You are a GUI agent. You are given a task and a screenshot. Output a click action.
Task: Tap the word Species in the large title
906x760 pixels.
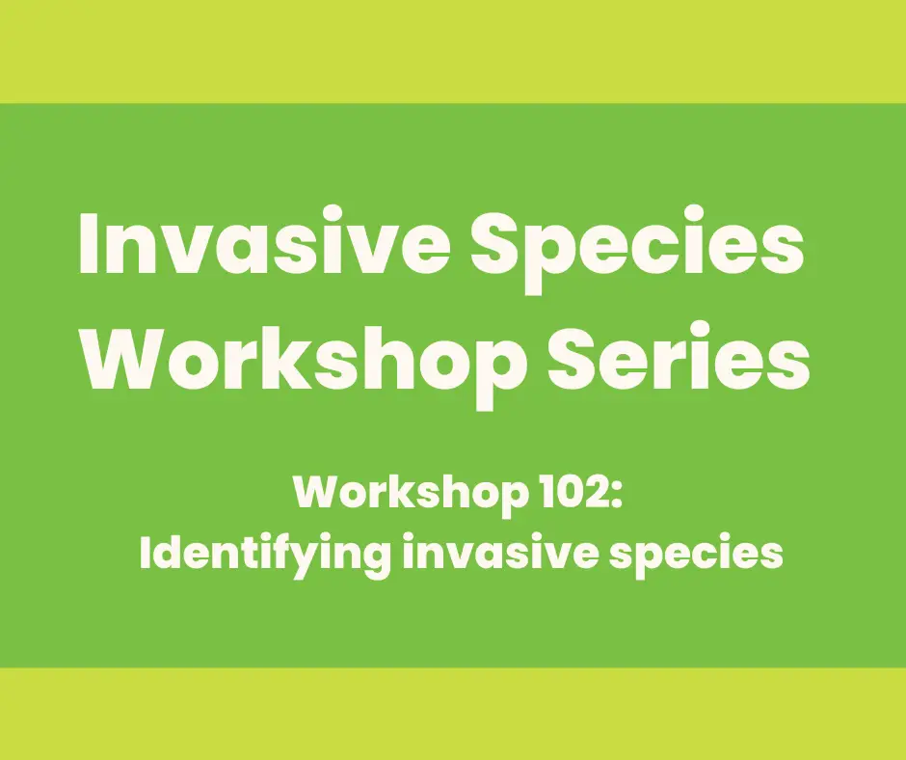[x=637, y=249]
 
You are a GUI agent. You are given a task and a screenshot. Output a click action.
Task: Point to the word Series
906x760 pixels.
[x=679, y=357]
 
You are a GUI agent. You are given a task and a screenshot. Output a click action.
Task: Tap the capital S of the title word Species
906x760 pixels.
[x=496, y=243]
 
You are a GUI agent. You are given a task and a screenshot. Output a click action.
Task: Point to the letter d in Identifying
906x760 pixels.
[x=165, y=552]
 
